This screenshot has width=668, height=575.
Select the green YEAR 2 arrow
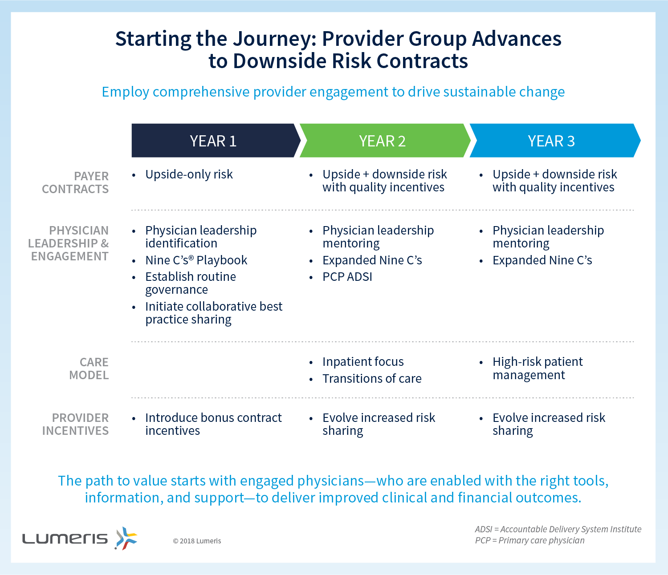coord(385,141)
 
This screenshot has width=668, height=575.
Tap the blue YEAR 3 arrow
coord(554,141)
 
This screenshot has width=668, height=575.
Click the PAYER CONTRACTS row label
coord(75,182)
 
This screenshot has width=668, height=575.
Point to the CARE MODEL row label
coord(89,368)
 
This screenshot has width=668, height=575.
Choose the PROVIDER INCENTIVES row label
coord(76,424)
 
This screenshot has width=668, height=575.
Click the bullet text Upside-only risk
coord(189,174)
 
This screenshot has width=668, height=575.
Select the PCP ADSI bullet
coord(347,277)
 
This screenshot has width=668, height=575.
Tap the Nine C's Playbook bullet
coord(196,260)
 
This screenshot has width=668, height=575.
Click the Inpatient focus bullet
coord(363,362)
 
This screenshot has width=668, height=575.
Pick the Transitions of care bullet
coord(372,379)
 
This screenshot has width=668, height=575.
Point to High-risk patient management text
coord(538,368)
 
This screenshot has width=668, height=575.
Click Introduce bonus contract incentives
coord(213,424)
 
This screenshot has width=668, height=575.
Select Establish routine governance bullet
coord(190,283)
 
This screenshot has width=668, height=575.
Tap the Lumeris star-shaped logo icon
coord(126,538)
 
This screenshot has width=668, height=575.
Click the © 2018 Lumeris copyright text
coord(197,541)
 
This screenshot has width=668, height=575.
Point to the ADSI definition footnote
coord(558,529)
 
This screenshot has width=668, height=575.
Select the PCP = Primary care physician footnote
coord(530,540)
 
